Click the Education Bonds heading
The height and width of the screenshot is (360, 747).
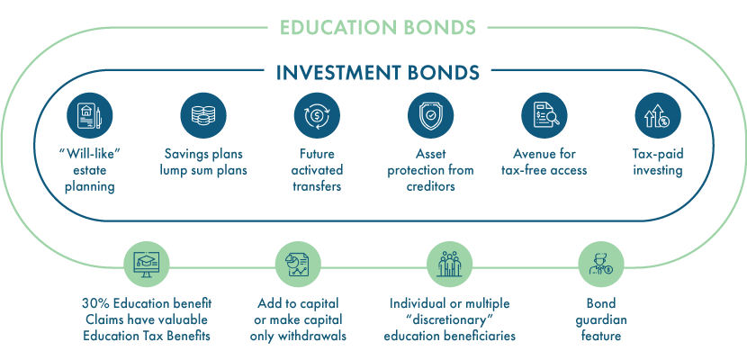tap(378, 27)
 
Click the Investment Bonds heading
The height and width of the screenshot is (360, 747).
tap(378, 72)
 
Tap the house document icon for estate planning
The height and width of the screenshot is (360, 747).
tap(90, 116)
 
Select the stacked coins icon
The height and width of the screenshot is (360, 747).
tap(203, 116)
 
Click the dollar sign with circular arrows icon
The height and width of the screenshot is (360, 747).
tap(317, 116)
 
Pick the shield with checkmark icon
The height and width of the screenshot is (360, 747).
tap(431, 116)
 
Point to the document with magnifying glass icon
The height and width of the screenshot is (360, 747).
tap(544, 116)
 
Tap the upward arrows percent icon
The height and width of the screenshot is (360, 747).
tap(658, 116)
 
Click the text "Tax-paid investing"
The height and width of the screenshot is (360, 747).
tap(658, 162)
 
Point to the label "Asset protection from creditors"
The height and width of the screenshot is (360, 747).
tap(431, 170)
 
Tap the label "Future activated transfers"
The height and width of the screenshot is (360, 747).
tap(317, 170)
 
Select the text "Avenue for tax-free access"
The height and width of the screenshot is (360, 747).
tap(544, 162)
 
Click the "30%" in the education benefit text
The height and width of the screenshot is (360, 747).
tap(94, 303)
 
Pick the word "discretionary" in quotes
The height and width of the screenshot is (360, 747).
tap(449, 319)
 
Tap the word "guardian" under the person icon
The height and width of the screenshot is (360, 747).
tap(601, 319)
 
